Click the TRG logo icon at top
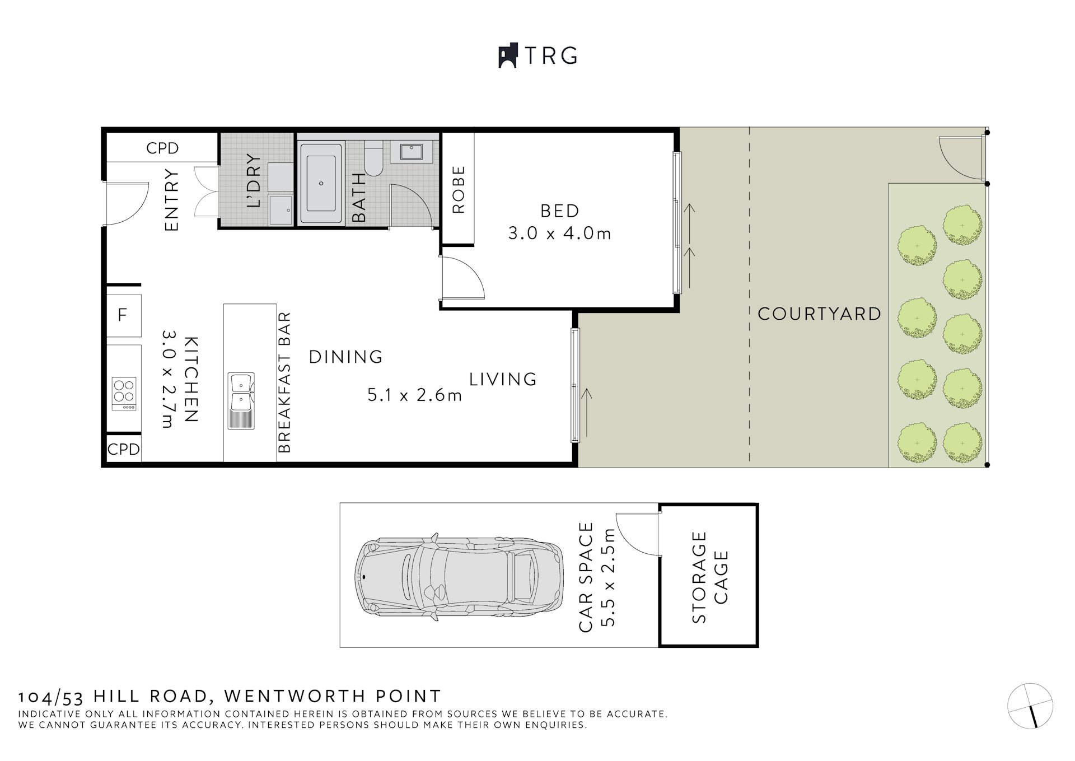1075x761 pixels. click(x=507, y=56)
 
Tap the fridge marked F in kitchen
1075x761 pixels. click(x=123, y=316)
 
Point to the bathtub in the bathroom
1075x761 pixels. click(x=321, y=183)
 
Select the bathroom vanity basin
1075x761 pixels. click(x=411, y=151)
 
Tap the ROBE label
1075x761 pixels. click(x=458, y=189)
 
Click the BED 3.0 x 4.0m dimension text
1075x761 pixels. click(x=559, y=233)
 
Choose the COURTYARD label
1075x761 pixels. click(x=819, y=314)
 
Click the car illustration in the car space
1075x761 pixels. click(x=459, y=575)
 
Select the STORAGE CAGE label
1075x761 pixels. click(x=709, y=577)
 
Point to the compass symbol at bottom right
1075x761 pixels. click(x=1030, y=706)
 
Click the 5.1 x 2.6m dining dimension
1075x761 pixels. click(x=414, y=395)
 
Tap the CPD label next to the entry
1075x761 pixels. click(x=162, y=148)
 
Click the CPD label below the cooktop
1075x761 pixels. click(x=123, y=449)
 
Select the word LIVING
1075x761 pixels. click(x=503, y=379)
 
